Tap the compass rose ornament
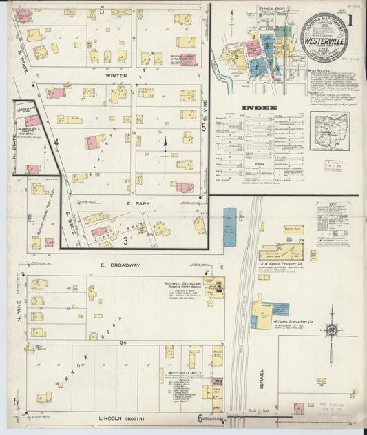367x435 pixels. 331,331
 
